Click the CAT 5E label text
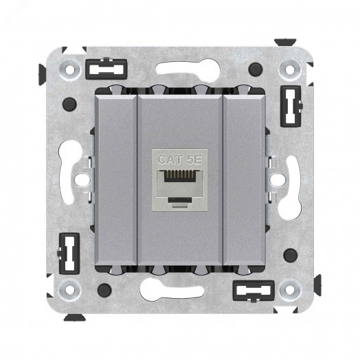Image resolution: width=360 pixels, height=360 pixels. [x=180, y=159]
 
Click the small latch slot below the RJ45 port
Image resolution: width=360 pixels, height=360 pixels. [x=179, y=201]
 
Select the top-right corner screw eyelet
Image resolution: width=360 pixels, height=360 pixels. [x=290, y=69]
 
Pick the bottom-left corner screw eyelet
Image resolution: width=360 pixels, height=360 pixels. [x=69, y=289]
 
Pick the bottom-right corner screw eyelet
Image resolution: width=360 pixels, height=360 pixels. [x=290, y=289]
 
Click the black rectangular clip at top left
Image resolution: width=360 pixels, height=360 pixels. [x=106, y=69]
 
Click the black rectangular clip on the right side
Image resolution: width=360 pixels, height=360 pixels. [x=291, y=106]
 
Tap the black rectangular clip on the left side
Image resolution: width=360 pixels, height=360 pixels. [x=69, y=254]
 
